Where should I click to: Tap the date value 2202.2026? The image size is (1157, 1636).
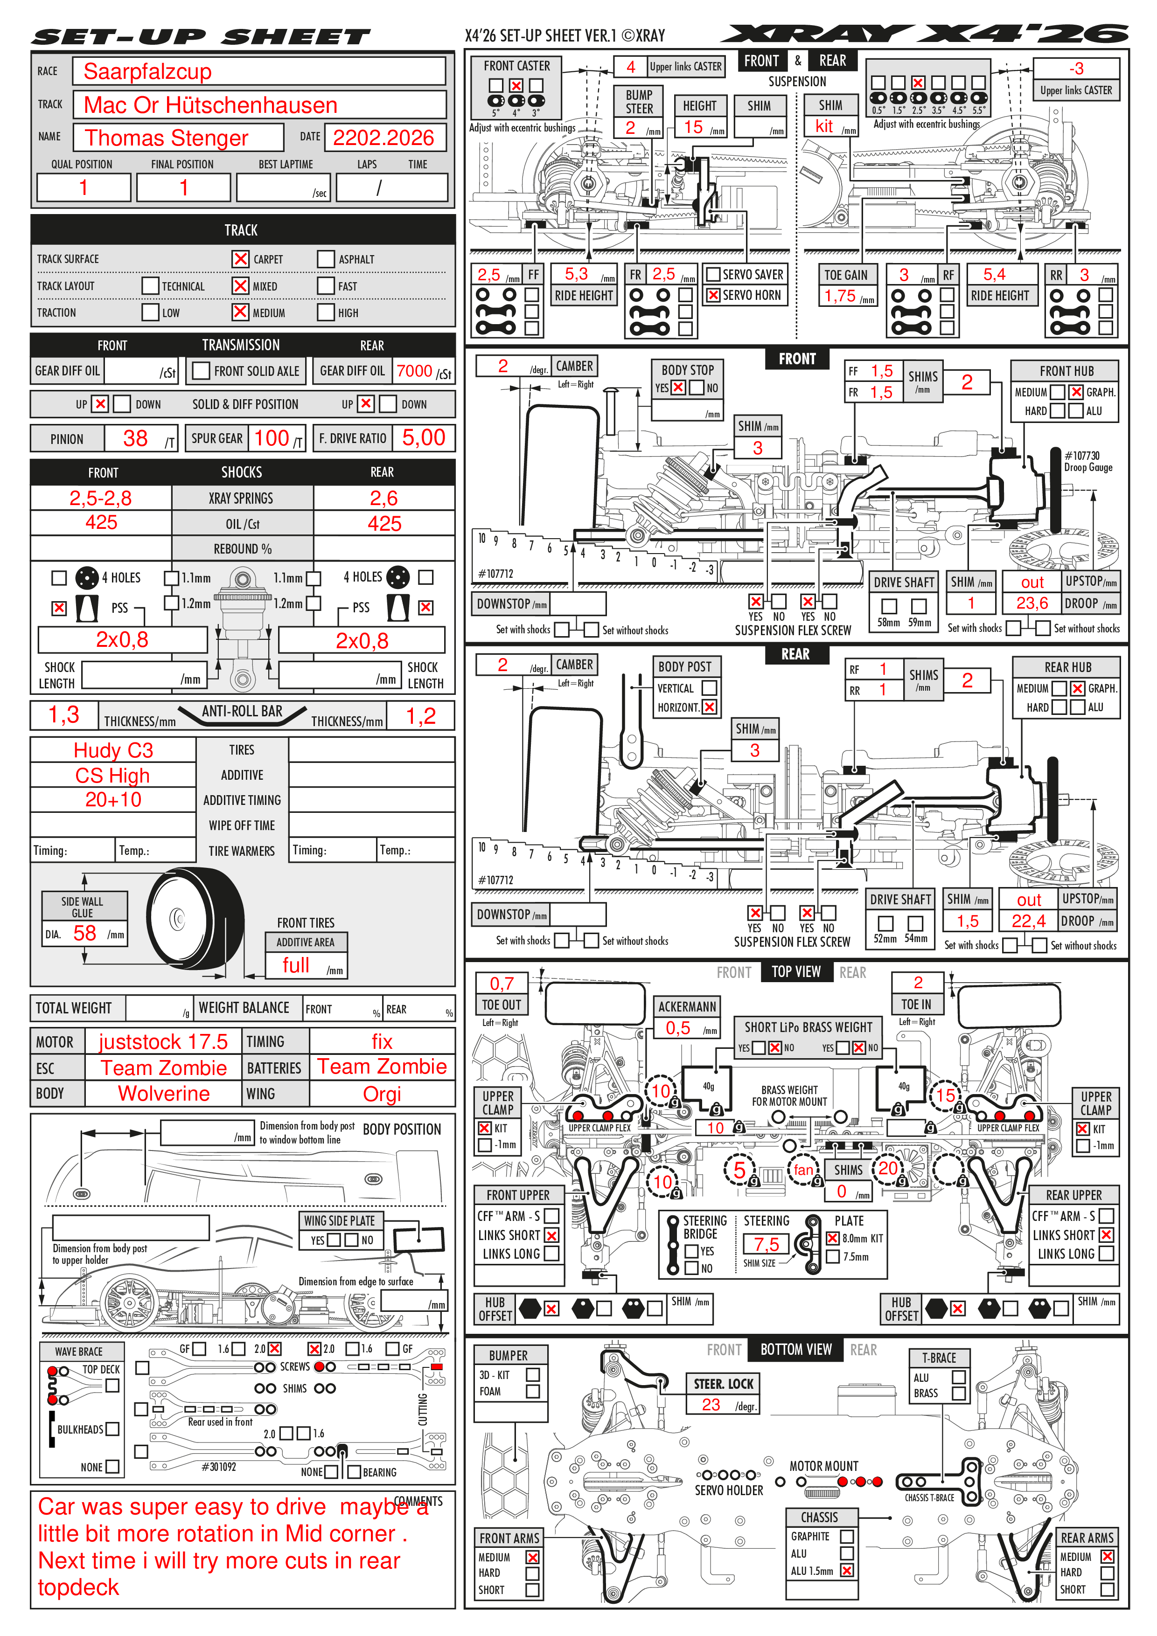point(383,138)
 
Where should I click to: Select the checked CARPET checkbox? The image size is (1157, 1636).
point(241,259)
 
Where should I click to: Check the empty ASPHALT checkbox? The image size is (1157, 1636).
point(326,259)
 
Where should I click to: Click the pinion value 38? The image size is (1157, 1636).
point(135,438)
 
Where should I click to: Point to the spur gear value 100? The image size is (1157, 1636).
point(272,438)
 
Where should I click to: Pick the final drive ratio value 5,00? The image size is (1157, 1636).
point(424,437)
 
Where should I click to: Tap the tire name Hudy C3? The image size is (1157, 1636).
point(113,750)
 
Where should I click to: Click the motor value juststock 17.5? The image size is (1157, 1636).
point(163,1042)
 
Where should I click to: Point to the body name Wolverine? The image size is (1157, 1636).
point(164,1093)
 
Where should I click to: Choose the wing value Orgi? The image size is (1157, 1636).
point(382,1094)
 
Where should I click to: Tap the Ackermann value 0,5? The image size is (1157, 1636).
point(678,1027)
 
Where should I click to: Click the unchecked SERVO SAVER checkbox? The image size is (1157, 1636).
point(713,274)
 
